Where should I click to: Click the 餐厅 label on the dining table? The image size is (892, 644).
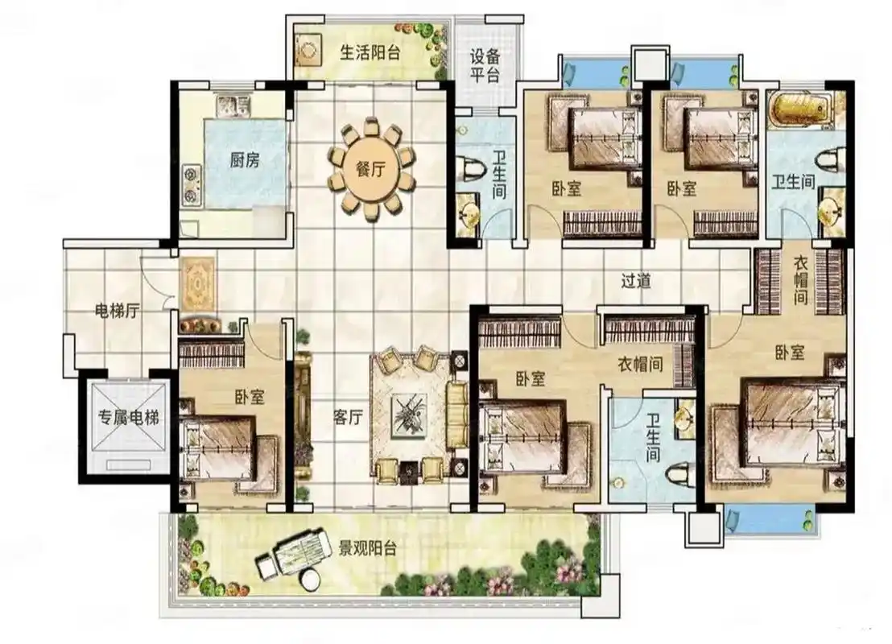point(370,169)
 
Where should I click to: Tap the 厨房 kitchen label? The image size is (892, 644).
point(245,160)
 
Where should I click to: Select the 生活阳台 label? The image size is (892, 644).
point(370,52)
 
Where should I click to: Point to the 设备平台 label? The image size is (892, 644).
point(485,65)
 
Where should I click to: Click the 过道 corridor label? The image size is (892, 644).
point(636,280)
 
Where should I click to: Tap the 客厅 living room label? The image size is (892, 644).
point(348,418)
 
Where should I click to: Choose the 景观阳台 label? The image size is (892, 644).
point(367,548)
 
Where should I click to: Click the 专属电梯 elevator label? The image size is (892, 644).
point(129,418)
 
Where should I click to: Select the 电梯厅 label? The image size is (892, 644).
point(117,311)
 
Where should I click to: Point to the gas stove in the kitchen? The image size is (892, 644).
point(191,185)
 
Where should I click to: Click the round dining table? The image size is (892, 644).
point(371,169)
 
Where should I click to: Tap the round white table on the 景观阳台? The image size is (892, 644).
point(311,580)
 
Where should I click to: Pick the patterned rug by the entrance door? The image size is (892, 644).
point(197,283)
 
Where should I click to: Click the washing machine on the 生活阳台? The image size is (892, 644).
point(308,51)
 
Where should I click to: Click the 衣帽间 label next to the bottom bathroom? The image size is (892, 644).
point(641,364)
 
